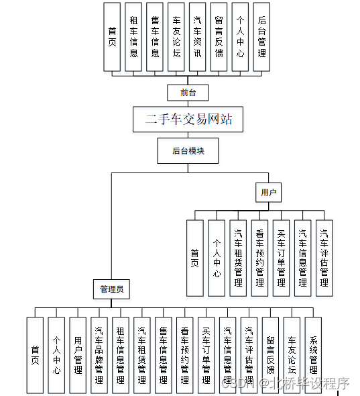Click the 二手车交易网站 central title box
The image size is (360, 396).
pos(188,119)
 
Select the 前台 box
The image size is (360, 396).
pos(188,92)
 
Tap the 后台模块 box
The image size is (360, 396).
pos(188,151)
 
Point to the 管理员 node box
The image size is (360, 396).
pos(111,289)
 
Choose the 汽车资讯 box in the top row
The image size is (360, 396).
pos(198,37)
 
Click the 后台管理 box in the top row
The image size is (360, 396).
pos(261,37)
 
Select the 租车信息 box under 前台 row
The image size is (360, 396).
pos(133,37)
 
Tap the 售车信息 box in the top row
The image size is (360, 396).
pos(155,37)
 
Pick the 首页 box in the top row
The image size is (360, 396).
pos(112,37)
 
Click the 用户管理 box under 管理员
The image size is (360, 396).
pos(78,355)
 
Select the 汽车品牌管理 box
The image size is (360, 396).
pos(99,355)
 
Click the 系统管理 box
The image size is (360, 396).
pos(313,355)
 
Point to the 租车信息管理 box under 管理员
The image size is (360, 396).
pos(121,355)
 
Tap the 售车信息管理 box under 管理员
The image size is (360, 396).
pos(164,355)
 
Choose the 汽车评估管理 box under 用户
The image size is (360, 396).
pos(324,258)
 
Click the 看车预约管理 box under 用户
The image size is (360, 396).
pos(259,258)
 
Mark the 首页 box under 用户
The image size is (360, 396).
pos(194,258)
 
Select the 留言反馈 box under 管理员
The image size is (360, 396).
pos(270,355)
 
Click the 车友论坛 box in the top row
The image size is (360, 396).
pos(176,37)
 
